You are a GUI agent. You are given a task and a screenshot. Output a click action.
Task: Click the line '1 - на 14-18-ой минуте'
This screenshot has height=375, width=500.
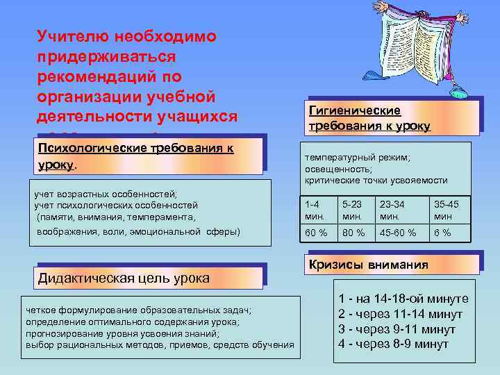[403, 299]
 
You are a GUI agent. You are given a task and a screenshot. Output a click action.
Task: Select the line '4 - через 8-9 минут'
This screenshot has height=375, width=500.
[393, 344]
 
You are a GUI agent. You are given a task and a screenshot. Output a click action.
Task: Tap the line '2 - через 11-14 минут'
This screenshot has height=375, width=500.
[400, 314]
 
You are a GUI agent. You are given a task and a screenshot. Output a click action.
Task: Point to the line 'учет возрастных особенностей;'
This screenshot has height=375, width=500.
[106, 194]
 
